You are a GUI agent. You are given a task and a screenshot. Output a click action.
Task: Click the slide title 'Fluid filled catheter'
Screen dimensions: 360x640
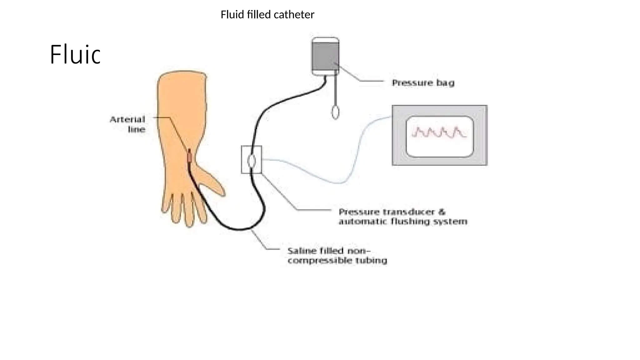point(267,15)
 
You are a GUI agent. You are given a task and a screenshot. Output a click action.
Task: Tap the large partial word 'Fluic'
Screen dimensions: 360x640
point(75,55)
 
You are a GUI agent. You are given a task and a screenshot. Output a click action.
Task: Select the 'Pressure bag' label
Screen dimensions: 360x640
point(423,83)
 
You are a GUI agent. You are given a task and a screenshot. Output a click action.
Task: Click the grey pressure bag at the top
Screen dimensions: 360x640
point(325,56)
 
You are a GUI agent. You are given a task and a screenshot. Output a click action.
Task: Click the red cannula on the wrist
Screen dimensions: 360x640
point(190,157)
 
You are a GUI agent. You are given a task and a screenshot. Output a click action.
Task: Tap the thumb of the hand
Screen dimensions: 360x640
point(212,181)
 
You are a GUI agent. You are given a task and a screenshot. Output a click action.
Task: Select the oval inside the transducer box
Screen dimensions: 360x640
point(252,161)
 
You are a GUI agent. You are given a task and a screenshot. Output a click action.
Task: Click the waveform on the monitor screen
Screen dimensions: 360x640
point(439,133)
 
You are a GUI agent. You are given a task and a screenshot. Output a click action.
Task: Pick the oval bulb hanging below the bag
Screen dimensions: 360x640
point(335,112)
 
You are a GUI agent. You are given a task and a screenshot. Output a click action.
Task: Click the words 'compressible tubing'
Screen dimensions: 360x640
point(337,260)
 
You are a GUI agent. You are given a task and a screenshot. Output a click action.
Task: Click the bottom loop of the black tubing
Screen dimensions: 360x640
point(241,229)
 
